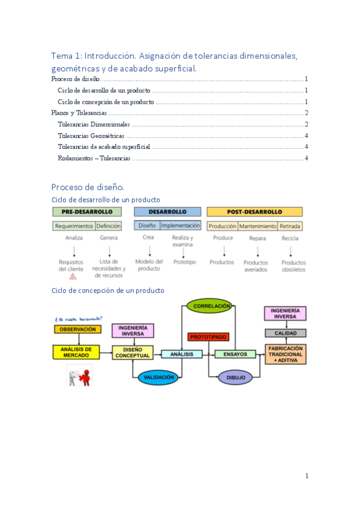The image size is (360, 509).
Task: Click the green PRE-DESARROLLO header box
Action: (87, 212)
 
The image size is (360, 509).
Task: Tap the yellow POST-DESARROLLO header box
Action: (254, 212)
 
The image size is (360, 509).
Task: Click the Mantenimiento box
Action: (258, 226)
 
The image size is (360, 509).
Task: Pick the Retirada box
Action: (290, 226)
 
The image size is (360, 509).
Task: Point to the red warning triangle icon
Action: (73, 277)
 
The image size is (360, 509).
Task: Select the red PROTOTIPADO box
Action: (208, 337)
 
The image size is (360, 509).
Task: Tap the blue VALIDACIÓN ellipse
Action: (158, 378)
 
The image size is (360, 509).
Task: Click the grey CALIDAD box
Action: (286, 333)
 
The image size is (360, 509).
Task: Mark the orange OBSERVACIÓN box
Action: (78, 330)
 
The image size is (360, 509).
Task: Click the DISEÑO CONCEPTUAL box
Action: (133, 353)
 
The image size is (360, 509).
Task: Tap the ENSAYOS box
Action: (235, 354)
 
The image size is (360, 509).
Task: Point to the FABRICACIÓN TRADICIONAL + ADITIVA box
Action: (286, 354)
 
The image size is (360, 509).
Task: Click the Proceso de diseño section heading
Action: (88, 187)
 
